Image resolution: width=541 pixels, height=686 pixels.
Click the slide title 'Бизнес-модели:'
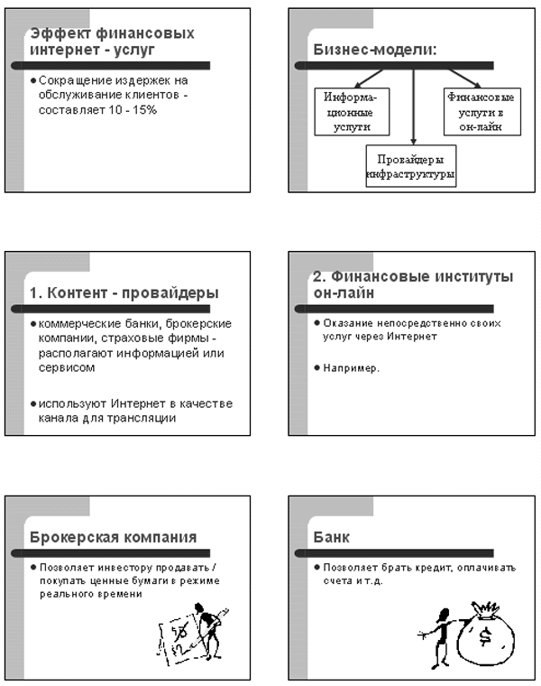[x=373, y=50]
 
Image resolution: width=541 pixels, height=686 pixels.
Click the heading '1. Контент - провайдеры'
[x=124, y=293]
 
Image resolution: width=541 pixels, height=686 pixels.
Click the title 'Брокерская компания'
[x=114, y=537]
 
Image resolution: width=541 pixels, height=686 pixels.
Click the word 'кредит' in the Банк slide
[x=434, y=568]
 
